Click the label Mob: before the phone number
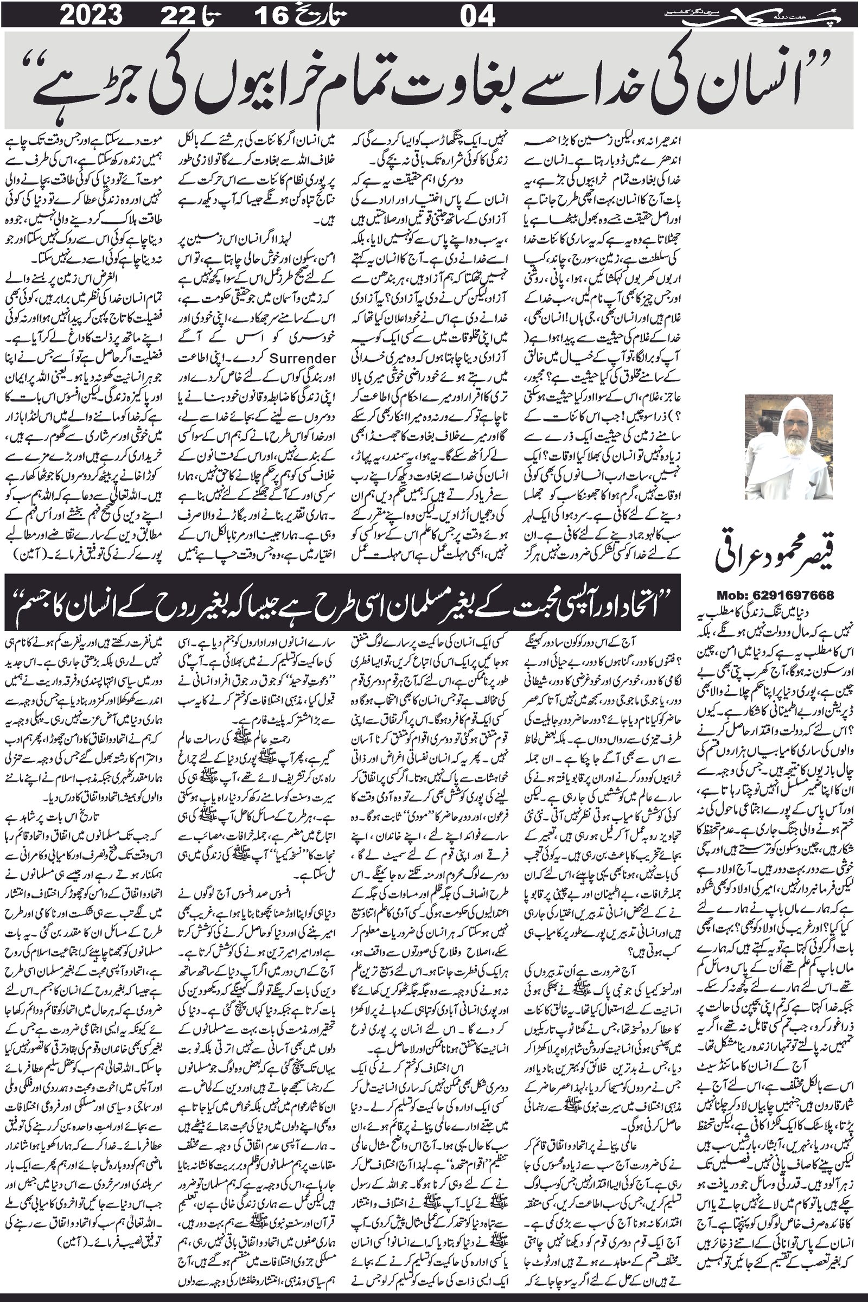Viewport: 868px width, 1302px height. (x=734, y=596)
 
